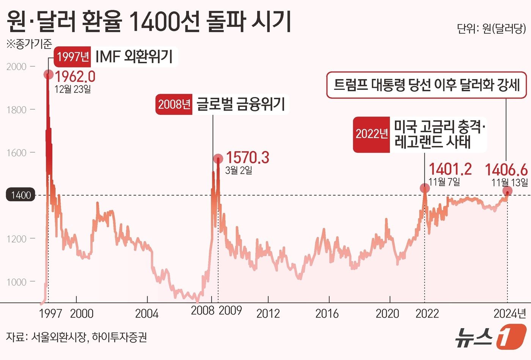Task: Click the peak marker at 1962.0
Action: pyautogui.click(x=49, y=74)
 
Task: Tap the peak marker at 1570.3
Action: pyautogui.click(x=218, y=159)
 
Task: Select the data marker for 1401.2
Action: pyautogui.click(x=425, y=188)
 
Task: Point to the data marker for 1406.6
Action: pyautogui.click(x=507, y=191)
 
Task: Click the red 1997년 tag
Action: pyautogui.click(x=73, y=57)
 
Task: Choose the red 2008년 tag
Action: pyautogui.click(x=174, y=104)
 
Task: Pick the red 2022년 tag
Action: pyautogui.click(x=371, y=134)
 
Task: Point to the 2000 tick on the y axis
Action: pyautogui.click(x=17, y=67)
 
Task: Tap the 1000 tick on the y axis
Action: pyautogui.click(x=17, y=282)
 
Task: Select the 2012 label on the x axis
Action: pyautogui.click(x=268, y=313)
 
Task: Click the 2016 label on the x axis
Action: pyautogui.click(x=327, y=313)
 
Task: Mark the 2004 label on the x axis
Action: pyautogui.click(x=147, y=313)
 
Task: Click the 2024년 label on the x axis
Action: pyautogui.click(x=510, y=313)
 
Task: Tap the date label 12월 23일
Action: pyautogui.click(x=72, y=89)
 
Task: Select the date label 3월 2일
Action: pyautogui.click(x=239, y=170)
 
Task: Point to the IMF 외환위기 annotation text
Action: pyautogui.click(x=134, y=57)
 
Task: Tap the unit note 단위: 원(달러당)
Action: pyautogui.click(x=492, y=28)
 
